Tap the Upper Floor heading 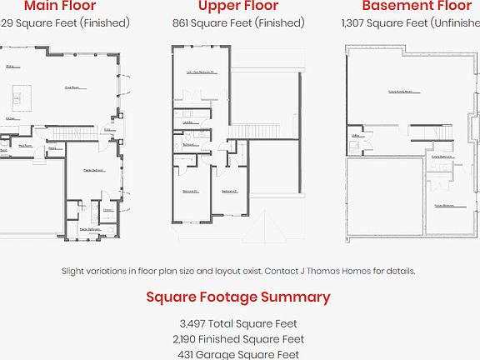[x=238, y=7]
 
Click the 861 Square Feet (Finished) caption [x=238, y=23]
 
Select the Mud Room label [x=25, y=146]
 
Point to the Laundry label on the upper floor [x=188, y=122]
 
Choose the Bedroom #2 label [x=230, y=192]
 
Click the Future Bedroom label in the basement [x=443, y=205]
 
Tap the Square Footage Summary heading [x=238, y=297]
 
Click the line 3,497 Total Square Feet [x=238, y=323]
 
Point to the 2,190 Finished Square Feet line [x=238, y=339]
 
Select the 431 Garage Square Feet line [x=238, y=354]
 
